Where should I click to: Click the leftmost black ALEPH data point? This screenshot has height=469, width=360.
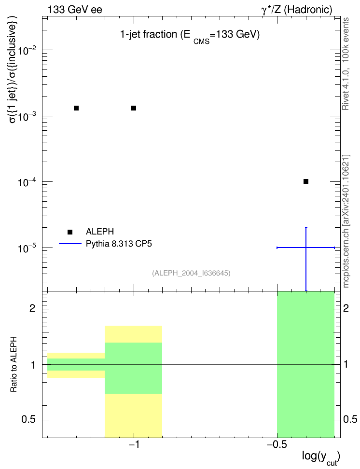(x=76, y=108)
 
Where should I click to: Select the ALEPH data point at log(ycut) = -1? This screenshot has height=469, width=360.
(x=134, y=108)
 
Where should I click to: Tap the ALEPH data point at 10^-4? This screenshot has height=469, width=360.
(x=306, y=181)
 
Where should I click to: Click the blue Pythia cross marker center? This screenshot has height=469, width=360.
(x=306, y=248)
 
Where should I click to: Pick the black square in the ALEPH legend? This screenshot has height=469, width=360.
(x=70, y=232)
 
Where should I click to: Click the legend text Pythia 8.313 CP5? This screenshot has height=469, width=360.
(x=119, y=244)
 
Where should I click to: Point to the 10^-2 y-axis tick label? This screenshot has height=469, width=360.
(x=27, y=50)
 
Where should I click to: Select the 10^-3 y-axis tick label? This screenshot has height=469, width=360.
(x=27, y=116)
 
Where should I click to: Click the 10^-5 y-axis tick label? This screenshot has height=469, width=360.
(x=27, y=248)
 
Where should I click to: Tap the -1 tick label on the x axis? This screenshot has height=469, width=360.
(x=134, y=445)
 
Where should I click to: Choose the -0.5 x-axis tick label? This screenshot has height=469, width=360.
(x=277, y=445)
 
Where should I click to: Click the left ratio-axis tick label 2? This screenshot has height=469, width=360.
(x=32, y=308)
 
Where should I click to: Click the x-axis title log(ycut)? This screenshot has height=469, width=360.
(x=321, y=457)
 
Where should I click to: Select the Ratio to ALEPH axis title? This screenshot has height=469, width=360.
(x=14, y=364)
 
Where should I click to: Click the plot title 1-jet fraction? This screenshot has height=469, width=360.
(x=149, y=35)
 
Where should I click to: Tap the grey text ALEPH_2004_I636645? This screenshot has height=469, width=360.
(x=191, y=273)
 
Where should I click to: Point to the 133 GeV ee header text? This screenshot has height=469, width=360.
(x=75, y=10)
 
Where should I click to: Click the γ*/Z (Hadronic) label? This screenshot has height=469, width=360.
(x=297, y=10)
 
